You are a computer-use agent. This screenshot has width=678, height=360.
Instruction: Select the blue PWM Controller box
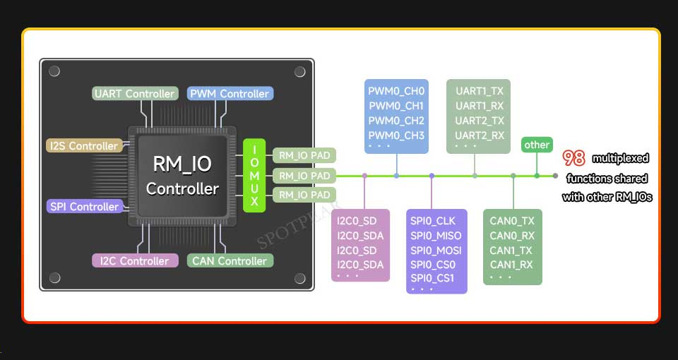click(x=230, y=93)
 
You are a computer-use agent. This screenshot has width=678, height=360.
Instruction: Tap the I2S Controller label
click(x=84, y=145)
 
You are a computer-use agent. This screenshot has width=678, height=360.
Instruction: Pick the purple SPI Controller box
click(x=84, y=206)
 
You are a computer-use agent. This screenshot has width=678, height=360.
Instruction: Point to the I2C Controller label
click(x=135, y=260)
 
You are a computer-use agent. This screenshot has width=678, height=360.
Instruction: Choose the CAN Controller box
click(x=230, y=260)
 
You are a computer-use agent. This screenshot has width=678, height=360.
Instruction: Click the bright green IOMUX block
click(x=254, y=176)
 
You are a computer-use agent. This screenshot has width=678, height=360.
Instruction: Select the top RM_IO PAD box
click(x=304, y=155)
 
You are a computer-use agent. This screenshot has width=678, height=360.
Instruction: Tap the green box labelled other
click(x=537, y=145)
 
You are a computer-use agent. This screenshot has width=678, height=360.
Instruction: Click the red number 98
click(x=573, y=159)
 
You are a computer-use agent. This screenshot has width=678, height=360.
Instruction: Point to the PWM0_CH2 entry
click(x=396, y=121)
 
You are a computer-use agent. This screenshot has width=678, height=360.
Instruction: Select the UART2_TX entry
click(x=480, y=121)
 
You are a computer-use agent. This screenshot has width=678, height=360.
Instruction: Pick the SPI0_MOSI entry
click(x=436, y=250)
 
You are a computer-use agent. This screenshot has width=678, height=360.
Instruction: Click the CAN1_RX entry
click(x=512, y=265)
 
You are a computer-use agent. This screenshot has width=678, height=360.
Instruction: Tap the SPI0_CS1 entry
click(x=432, y=278)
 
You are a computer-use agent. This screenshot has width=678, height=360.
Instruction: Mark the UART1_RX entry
click(x=480, y=106)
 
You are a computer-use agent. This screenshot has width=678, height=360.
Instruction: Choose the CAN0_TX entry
click(x=512, y=221)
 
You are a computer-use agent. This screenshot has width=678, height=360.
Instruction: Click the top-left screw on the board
click(x=54, y=71)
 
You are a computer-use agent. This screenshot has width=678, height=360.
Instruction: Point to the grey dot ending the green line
click(x=555, y=176)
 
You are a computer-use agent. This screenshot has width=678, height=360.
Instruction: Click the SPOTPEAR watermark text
click(x=298, y=225)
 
